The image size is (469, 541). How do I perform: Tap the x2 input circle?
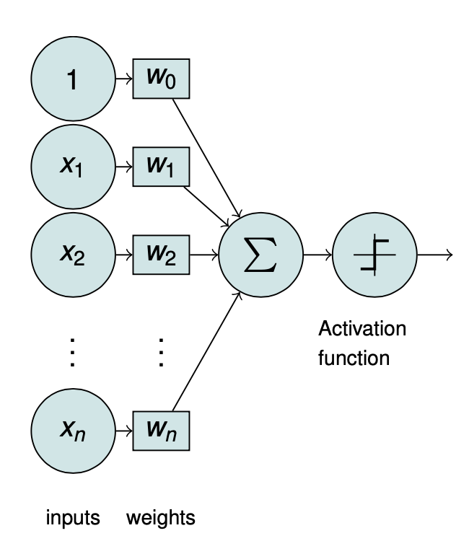click(x=73, y=255)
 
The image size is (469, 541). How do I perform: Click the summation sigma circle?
click(x=260, y=255)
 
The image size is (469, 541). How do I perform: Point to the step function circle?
click(x=374, y=255)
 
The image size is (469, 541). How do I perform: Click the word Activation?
click(x=362, y=330)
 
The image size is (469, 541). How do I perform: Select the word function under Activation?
click(x=354, y=357)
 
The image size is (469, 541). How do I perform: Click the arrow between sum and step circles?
click(x=317, y=255)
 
